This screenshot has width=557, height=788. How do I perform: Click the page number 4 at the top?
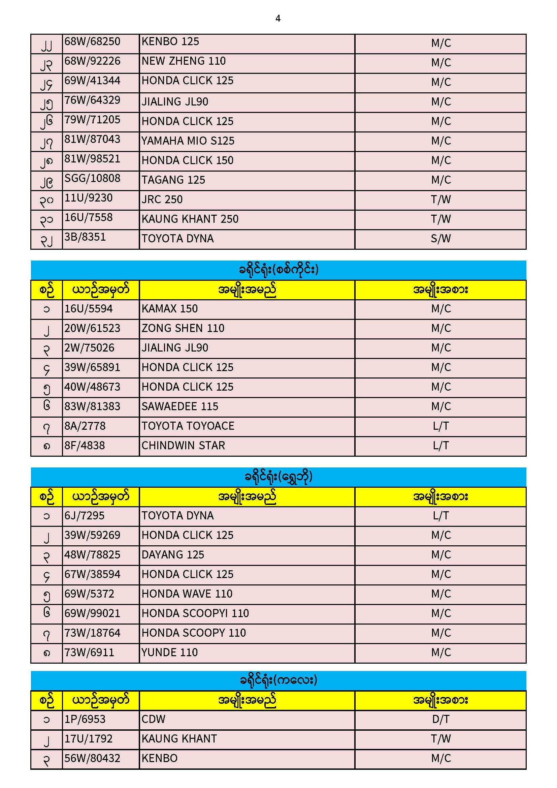278,19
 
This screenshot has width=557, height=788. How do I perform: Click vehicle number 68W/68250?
92,41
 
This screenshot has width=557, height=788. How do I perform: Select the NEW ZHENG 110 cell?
184,61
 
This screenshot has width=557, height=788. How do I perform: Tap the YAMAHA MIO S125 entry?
188,141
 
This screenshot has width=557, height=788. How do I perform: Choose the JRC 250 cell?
162,200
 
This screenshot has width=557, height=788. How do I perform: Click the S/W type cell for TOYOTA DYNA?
440,239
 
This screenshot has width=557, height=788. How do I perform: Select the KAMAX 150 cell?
169,308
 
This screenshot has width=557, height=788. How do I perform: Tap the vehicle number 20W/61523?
92,328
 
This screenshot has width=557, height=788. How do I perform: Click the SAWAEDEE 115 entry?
180,406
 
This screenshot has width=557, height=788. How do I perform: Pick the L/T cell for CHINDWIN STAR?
440,446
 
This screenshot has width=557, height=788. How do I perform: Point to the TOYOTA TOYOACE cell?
188,426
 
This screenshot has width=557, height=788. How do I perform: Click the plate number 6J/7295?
85,515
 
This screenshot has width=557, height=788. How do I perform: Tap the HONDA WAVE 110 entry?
187,594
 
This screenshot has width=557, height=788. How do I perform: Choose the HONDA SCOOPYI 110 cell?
195,613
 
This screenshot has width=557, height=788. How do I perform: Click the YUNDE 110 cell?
169,653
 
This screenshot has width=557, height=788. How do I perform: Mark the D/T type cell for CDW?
440,719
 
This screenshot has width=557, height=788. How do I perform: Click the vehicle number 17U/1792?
89,738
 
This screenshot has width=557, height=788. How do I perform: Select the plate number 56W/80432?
92,758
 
